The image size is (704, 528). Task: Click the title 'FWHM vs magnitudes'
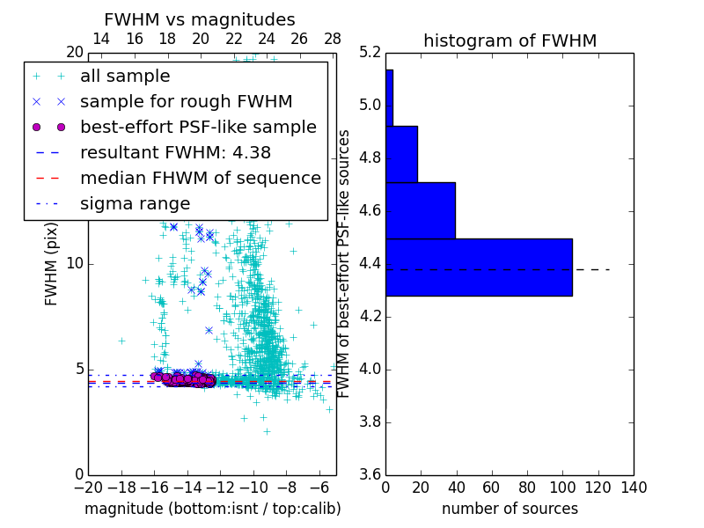(x=200, y=20)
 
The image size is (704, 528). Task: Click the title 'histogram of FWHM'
(x=510, y=40)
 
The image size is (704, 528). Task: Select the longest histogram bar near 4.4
(x=479, y=267)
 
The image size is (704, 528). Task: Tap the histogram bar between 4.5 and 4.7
(x=421, y=210)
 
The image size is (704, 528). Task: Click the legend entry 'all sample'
(x=125, y=77)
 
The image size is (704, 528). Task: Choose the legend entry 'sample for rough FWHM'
(x=186, y=102)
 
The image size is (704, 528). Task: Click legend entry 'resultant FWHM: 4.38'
(x=175, y=153)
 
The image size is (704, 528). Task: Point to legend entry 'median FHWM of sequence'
(x=200, y=179)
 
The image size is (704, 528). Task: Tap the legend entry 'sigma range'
(x=135, y=204)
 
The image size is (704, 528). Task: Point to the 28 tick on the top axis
(x=333, y=39)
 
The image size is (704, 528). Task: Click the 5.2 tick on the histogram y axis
(x=370, y=53)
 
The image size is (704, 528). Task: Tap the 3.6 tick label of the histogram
(x=370, y=474)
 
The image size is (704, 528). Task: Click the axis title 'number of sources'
(x=510, y=510)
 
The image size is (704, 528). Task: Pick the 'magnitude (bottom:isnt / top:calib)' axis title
(x=212, y=510)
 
